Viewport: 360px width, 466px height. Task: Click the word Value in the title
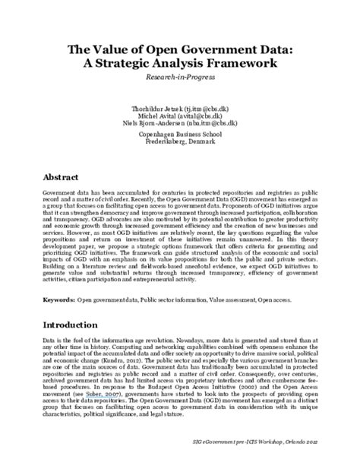[x=124, y=49]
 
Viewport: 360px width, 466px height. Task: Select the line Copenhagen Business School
[x=180, y=135]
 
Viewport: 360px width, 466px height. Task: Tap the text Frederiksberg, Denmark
[x=180, y=142]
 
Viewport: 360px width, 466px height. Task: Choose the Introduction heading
[x=77, y=324]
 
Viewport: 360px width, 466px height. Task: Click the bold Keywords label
[x=58, y=299]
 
